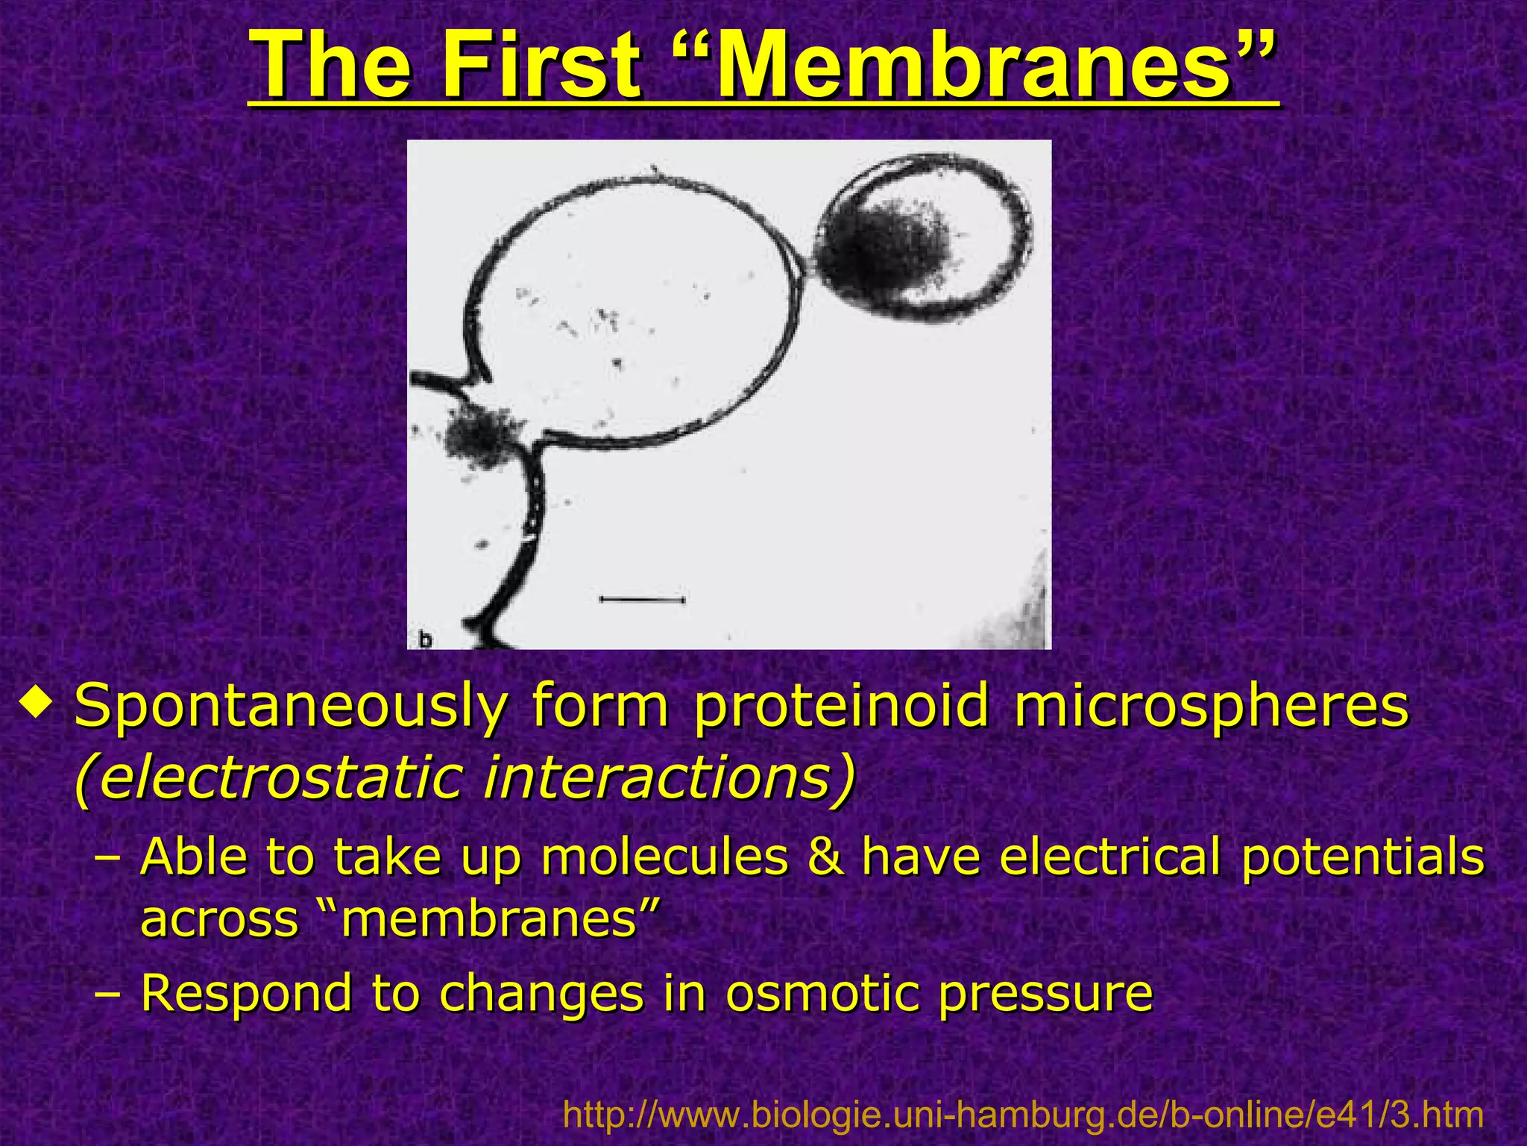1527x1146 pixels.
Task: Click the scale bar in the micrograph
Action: pyautogui.click(x=642, y=598)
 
